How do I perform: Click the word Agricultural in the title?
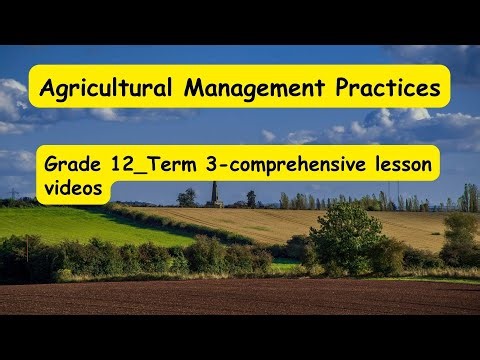click(104, 89)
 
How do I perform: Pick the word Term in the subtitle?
click(168, 166)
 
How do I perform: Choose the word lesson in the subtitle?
click(401, 166)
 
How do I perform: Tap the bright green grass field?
click(80, 224)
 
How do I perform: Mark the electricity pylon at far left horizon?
click(14, 193)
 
